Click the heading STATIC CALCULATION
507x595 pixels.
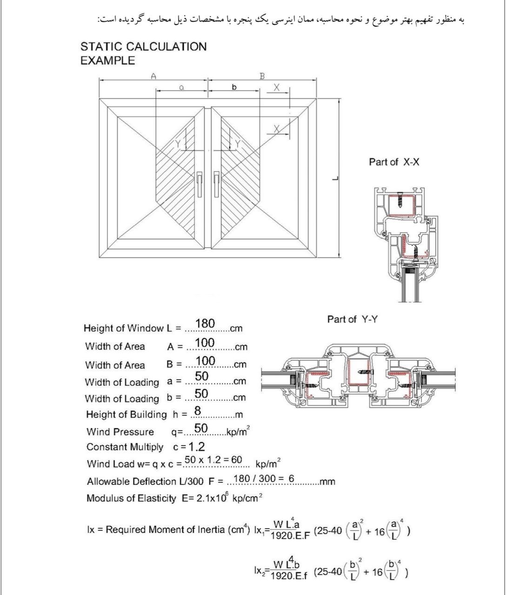(x=143, y=46)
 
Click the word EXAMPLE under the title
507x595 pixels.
(x=108, y=60)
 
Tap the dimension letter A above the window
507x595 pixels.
(x=153, y=76)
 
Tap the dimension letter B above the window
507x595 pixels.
(x=262, y=76)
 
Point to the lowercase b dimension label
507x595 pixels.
(x=234, y=87)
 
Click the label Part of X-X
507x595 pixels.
(x=394, y=162)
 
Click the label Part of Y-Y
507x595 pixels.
(x=352, y=319)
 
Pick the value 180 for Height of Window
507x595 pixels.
(x=205, y=323)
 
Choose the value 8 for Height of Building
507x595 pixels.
(x=198, y=410)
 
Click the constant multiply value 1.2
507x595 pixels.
(x=197, y=447)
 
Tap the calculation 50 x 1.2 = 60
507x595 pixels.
(x=213, y=460)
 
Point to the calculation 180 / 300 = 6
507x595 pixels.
(x=264, y=478)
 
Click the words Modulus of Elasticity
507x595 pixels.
(x=131, y=498)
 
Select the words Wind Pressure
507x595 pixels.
(x=120, y=432)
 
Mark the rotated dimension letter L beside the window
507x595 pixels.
(x=335, y=178)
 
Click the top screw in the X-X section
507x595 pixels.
(x=400, y=200)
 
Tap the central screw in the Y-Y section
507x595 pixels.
(x=365, y=372)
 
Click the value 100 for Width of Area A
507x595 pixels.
(x=205, y=343)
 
